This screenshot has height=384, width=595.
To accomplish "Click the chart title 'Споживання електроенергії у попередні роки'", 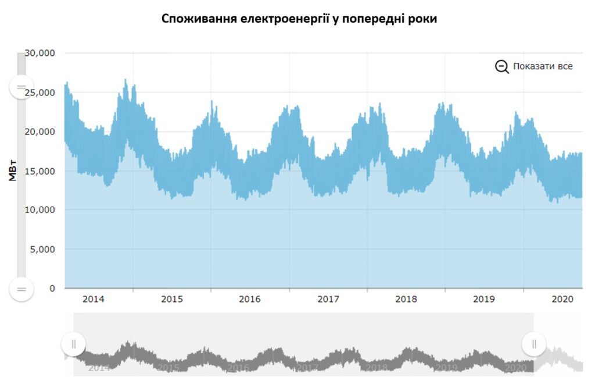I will [299, 19].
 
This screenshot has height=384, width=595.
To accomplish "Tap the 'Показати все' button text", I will [543, 66].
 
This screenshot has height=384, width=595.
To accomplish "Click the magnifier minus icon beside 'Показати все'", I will [501, 66].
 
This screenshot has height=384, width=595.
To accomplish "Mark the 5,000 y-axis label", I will [43, 249].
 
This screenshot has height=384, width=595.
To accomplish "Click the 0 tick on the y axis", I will [51, 289].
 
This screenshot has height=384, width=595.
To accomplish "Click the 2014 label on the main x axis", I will [94, 299].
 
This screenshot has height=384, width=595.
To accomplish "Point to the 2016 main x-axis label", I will [250, 299].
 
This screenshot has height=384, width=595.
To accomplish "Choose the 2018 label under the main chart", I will [406, 299].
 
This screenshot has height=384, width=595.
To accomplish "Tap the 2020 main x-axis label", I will [562, 299].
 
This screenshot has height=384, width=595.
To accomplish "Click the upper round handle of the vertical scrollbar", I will [21, 87].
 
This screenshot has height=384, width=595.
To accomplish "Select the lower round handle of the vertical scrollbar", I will [21, 289].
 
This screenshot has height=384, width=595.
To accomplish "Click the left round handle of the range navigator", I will [74, 344].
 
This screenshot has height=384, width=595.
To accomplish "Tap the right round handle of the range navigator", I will [533, 344].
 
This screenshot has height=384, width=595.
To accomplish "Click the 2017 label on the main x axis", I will [328, 299].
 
